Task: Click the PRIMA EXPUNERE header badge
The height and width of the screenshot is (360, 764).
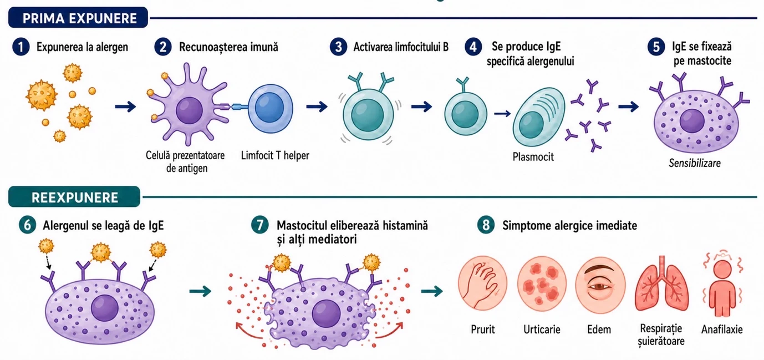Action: [x=78, y=17]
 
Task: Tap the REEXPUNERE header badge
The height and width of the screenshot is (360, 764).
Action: [x=74, y=196]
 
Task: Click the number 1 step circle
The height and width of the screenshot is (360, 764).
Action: [x=21, y=47]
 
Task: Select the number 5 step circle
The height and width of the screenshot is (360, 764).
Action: [x=656, y=47]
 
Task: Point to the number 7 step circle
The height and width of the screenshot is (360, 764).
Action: [x=260, y=225]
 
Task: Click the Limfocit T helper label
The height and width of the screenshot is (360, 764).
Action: [x=275, y=156]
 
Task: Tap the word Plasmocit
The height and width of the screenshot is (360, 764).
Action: [x=533, y=157]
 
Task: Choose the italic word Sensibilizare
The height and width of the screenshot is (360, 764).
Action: [x=695, y=163]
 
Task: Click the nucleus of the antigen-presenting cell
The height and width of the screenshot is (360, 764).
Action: [x=189, y=110]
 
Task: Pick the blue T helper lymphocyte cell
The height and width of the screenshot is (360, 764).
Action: [x=270, y=109]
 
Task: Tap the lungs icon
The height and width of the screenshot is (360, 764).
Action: [x=661, y=283]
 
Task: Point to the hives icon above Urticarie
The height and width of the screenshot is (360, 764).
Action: [x=542, y=284]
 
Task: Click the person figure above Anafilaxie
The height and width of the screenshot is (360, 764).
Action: [x=722, y=288]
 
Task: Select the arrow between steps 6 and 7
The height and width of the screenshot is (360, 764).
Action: [x=200, y=291]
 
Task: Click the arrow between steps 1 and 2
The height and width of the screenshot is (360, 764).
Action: [x=125, y=107]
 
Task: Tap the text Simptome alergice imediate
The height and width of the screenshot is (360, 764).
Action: [x=569, y=226]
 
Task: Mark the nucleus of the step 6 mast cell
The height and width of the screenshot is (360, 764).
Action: [x=105, y=308]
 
